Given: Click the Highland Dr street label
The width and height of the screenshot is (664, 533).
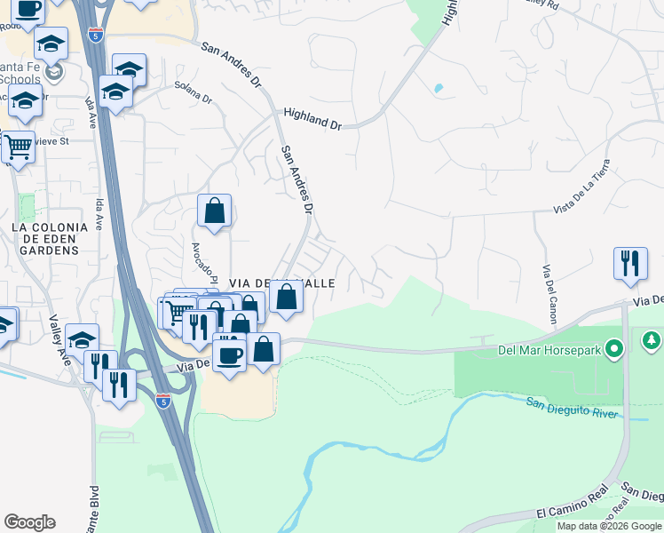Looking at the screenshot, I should tap(312, 119).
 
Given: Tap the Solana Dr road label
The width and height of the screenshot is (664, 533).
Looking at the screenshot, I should tap(194, 94).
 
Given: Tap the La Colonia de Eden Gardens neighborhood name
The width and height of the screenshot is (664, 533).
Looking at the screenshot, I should tap(50, 239).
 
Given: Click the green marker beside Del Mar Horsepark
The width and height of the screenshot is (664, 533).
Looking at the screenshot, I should tap(612, 348).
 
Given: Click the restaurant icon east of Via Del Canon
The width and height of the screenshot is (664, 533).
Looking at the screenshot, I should tap(630, 263).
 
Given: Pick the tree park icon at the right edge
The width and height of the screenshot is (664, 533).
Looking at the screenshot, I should tap(652, 340).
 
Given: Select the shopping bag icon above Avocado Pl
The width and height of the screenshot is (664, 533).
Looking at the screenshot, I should tap(214, 211).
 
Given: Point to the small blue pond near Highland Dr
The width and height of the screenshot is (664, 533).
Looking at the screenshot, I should tap(438, 89).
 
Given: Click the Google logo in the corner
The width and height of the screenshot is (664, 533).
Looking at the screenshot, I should tap(29, 522).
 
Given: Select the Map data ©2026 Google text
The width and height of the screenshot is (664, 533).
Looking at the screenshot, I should tap(610, 526).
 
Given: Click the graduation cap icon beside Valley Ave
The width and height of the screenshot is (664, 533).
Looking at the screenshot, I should tap(82, 339).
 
